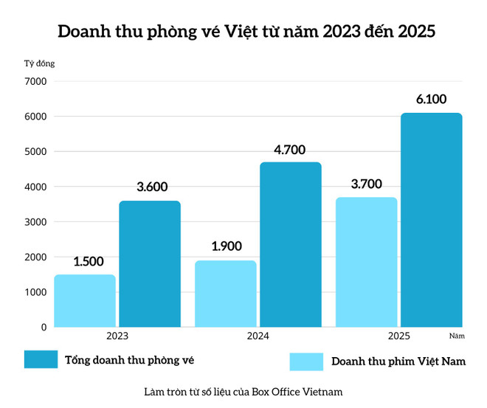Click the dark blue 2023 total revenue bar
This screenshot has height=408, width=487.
pos(150,263)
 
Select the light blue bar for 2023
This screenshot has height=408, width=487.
pos(85,300)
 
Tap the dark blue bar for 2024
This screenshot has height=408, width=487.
pos(291,244)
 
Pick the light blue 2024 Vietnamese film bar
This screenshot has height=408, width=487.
pos(226,293)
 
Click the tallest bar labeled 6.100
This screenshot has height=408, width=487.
pos(432,220)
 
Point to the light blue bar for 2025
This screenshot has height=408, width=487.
pos(367,262)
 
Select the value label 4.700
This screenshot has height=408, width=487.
pos(290,149)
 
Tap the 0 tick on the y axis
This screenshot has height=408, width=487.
pos(44,327)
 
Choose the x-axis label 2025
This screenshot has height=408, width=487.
pos(398,336)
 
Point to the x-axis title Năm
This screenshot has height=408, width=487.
pos(456,336)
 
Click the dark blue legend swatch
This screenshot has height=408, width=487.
pos(41,359)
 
